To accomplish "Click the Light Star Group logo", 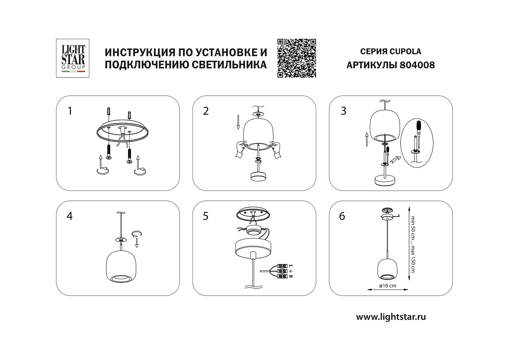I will coord(71,58).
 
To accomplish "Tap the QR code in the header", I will coord(297,58).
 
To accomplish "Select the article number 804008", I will coord(418,65).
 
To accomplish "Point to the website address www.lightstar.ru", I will coord(391,316).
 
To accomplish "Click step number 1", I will coord(70,111).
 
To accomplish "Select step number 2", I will coord(206,111).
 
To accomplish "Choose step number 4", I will coord(70,216).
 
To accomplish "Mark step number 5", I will coord(206,216).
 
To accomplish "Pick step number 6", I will coord(342,216).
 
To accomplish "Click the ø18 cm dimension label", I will coord(387,286).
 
